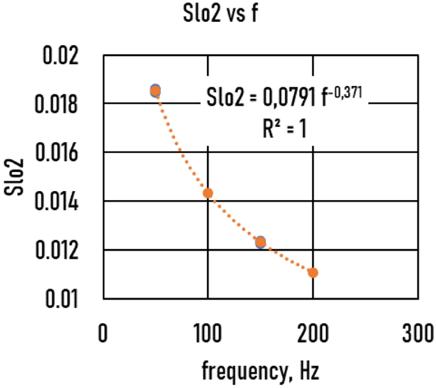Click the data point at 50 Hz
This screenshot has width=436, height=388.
tap(155, 90)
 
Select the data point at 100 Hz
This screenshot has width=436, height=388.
tap(207, 193)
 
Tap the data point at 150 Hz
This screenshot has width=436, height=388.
tap(260, 242)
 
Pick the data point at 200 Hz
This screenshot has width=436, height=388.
tap(313, 273)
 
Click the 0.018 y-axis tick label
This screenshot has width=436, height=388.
tap(62, 104)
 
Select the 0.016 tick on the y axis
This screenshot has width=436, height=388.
tap(62, 153)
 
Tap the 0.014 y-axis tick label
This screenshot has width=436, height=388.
tap(62, 202)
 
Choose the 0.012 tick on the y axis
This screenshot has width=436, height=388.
tap(62, 250)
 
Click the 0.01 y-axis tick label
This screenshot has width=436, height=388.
tap(67, 299)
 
